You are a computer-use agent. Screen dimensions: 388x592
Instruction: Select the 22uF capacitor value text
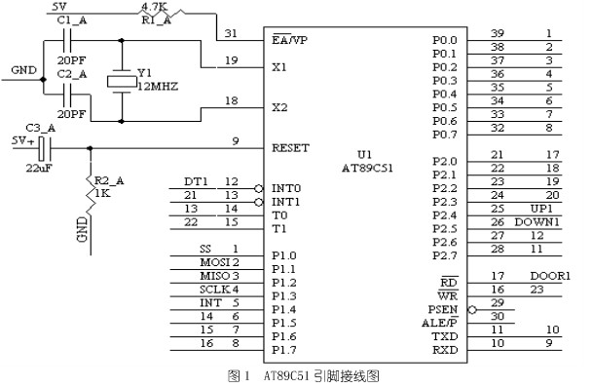pyautogui.click(x=39, y=167)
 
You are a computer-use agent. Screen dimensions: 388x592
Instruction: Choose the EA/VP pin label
pyautogui.click(x=292, y=41)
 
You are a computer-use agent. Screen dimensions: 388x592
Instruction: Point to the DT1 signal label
pyautogui.click(x=195, y=181)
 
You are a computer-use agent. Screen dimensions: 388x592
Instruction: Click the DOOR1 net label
pyautogui.click(x=550, y=276)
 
